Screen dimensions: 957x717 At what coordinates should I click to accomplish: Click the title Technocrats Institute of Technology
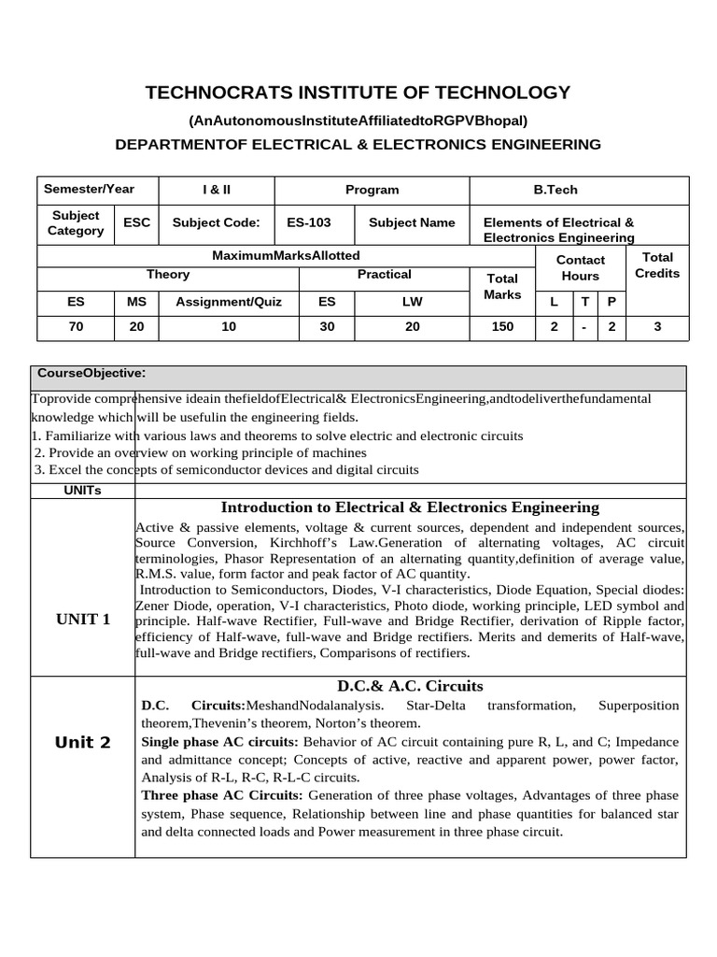[358, 93]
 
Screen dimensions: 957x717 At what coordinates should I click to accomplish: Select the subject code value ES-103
[308, 222]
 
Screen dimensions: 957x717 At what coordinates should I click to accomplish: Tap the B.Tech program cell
[555, 190]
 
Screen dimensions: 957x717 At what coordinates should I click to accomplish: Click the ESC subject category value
[137, 223]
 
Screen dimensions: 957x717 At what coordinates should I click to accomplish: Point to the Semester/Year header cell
[90, 189]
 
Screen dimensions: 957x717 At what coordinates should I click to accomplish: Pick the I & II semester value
[217, 190]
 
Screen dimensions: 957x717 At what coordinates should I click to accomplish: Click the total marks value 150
[502, 326]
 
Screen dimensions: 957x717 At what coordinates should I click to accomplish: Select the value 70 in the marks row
[76, 326]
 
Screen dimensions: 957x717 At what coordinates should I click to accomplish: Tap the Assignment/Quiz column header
[229, 302]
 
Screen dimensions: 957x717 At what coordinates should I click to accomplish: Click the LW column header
[412, 302]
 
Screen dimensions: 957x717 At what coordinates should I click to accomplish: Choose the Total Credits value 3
[657, 326]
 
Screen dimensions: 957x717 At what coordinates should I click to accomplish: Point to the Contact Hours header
[581, 268]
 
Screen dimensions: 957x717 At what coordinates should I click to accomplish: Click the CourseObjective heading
[91, 374]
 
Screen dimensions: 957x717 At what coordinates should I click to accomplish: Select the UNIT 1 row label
[83, 619]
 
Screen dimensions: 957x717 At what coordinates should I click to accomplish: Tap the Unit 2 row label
[83, 742]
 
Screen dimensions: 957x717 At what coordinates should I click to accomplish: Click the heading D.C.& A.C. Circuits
[410, 686]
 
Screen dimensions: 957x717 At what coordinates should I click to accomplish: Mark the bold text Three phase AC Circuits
[222, 795]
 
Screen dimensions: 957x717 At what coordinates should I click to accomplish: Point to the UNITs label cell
[83, 490]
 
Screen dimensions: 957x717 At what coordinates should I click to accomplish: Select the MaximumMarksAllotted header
[286, 255]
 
